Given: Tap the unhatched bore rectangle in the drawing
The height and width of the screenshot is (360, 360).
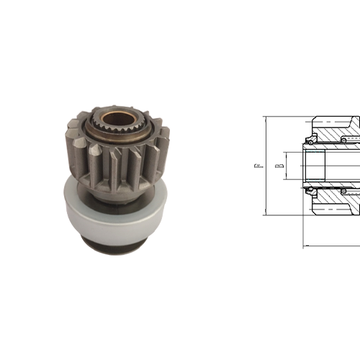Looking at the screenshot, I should click(x=317, y=165).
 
